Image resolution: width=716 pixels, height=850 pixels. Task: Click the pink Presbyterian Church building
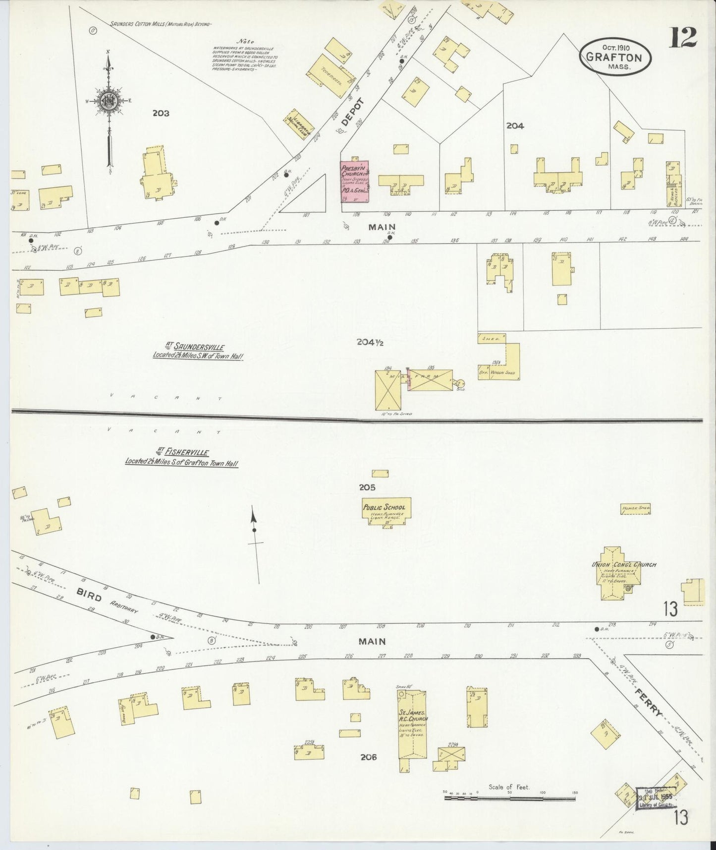[x=355, y=182]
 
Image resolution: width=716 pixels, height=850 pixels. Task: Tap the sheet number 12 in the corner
[x=683, y=37]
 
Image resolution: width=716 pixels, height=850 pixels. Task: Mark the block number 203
[x=161, y=113]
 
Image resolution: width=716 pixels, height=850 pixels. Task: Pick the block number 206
[x=369, y=757]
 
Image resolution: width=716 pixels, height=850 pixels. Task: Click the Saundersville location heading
[x=197, y=351]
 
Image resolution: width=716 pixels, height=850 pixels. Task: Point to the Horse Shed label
[x=636, y=508]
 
